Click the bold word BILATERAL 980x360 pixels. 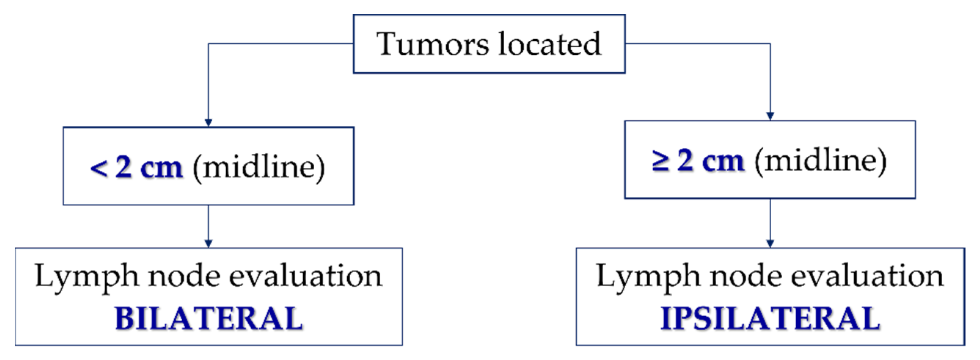208,319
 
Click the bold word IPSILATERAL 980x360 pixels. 770,319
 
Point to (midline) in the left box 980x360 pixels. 259,167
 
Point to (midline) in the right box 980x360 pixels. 820,161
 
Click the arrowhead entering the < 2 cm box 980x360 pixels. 208,123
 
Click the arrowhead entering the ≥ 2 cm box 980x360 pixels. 770,116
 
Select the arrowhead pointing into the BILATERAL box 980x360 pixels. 208,243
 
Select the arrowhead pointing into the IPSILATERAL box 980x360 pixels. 770,243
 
